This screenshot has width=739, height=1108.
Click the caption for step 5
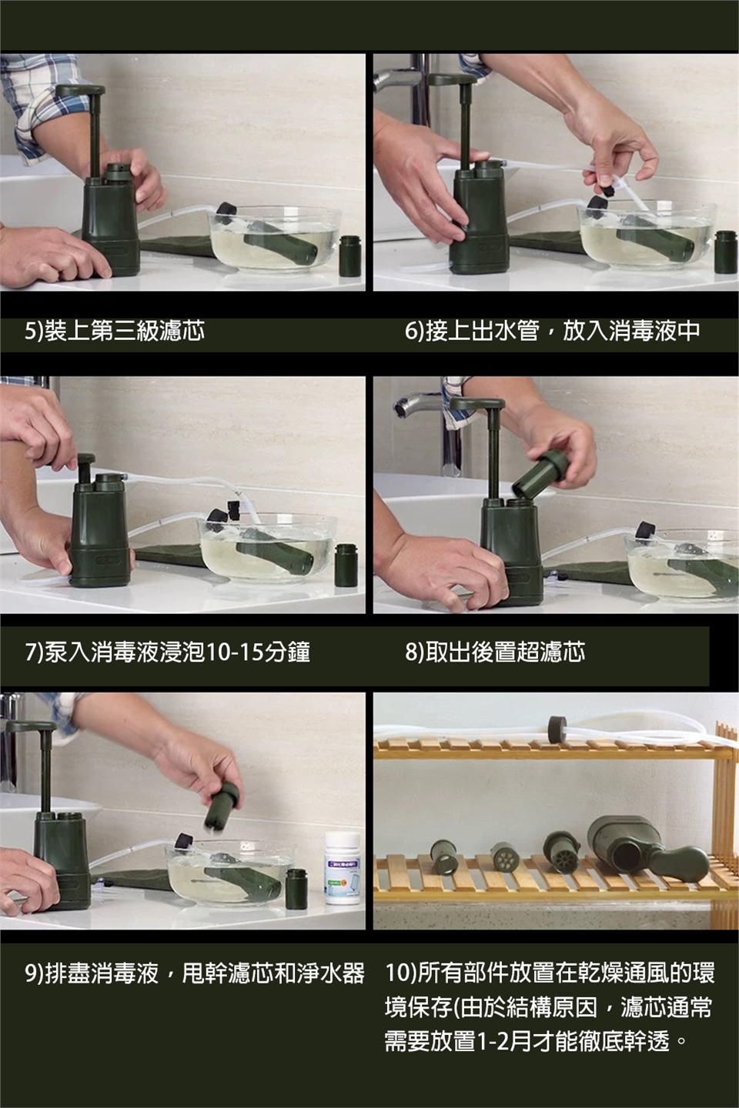115,331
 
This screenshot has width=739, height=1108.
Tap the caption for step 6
552,331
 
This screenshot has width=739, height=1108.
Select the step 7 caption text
167,652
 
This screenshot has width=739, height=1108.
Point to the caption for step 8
495,652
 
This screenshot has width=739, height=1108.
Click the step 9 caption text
195,973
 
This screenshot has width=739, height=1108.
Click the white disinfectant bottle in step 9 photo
343,868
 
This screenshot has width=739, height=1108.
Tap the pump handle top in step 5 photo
80,91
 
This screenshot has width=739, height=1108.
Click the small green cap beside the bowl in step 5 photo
350,256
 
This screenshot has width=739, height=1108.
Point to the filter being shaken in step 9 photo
222,806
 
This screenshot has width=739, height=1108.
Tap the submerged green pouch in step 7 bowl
274,553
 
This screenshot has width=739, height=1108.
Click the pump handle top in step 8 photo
476,404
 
